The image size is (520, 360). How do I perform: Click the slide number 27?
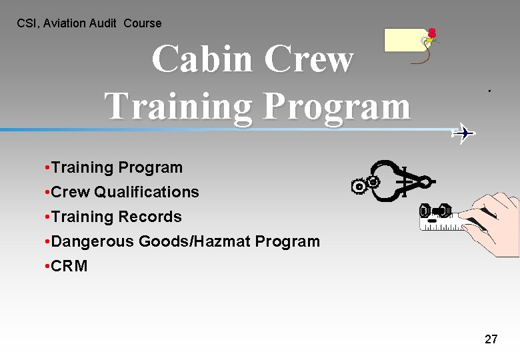[491, 339]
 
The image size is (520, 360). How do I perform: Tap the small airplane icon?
[463, 133]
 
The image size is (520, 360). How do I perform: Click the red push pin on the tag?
[432, 33]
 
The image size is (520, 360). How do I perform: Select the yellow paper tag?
[407, 41]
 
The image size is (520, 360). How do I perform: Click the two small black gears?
[366, 184]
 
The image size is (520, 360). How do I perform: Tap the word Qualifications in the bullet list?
[147, 192]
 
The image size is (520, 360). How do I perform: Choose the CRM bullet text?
[69, 266]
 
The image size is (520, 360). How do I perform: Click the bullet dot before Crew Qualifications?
[44, 192]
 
